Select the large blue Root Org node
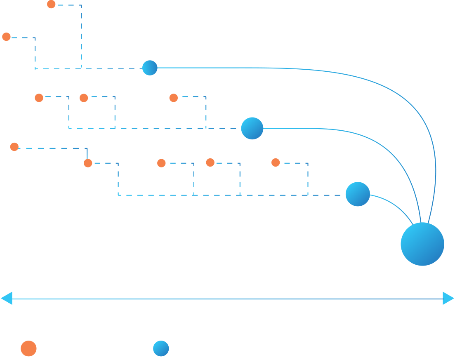[x=422, y=244]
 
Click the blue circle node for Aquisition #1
[x=150, y=68]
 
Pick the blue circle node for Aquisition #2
[x=252, y=128]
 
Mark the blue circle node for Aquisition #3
[x=358, y=194]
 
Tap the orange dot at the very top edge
[x=51, y=5]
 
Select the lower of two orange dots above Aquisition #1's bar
[x=6, y=37]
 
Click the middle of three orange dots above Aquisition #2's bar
[x=84, y=98]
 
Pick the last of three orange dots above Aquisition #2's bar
[x=173, y=98]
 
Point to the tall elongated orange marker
[x=14, y=151]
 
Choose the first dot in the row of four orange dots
[x=88, y=163]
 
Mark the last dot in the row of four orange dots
[x=276, y=163]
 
